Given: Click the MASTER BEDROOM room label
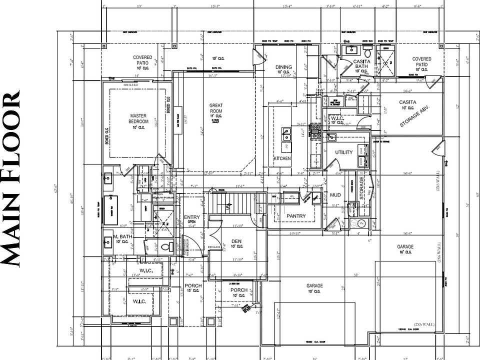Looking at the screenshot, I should (x=138, y=118).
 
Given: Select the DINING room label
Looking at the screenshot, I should (x=283, y=67).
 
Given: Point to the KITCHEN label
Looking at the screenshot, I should (x=282, y=158).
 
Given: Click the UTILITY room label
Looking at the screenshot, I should (x=344, y=152).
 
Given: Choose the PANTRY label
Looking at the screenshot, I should (x=296, y=215).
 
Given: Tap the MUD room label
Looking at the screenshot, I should (x=335, y=195).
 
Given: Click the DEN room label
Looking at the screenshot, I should (x=237, y=240).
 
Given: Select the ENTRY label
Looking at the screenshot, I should (x=191, y=217).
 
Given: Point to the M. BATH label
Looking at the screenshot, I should (x=121, y=236).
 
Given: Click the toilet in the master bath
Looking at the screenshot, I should (x=169, y=246).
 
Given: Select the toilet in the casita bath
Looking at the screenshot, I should (x=367, y=52).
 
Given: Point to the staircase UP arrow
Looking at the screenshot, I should (x=228, y=205).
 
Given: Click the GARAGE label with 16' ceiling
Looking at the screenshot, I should (x=405, y=247).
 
